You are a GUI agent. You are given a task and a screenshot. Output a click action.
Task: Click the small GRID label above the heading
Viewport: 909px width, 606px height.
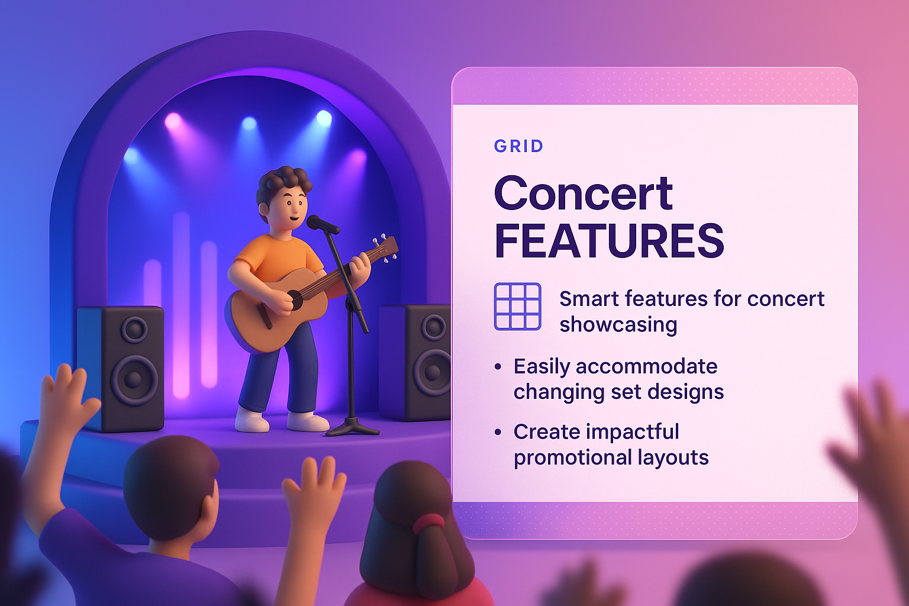518,146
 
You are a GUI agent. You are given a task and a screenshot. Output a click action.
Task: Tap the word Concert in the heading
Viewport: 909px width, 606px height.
583,194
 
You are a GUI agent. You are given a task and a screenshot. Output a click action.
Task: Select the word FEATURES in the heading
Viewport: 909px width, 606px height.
609,241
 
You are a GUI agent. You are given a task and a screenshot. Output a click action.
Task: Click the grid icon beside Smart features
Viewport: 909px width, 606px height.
517,306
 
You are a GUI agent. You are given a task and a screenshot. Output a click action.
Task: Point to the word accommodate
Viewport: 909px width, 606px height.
646,366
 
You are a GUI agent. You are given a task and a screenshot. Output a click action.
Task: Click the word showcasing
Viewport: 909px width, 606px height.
618,324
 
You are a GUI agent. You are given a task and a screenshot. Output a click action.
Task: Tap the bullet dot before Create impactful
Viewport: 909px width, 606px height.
498,433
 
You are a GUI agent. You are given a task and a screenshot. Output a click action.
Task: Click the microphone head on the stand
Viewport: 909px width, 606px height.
321,224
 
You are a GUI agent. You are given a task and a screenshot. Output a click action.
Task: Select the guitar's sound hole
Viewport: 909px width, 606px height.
295,299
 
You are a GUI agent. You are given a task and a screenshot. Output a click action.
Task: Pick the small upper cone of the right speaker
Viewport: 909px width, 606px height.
433,327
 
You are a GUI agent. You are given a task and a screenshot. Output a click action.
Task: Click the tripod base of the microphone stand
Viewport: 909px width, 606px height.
352,427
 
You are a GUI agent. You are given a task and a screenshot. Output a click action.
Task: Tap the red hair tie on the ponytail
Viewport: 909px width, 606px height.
428,523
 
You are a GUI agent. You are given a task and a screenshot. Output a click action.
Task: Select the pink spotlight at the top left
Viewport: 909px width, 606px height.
173,121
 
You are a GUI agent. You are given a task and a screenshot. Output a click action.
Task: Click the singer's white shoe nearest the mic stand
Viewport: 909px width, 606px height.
308,421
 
